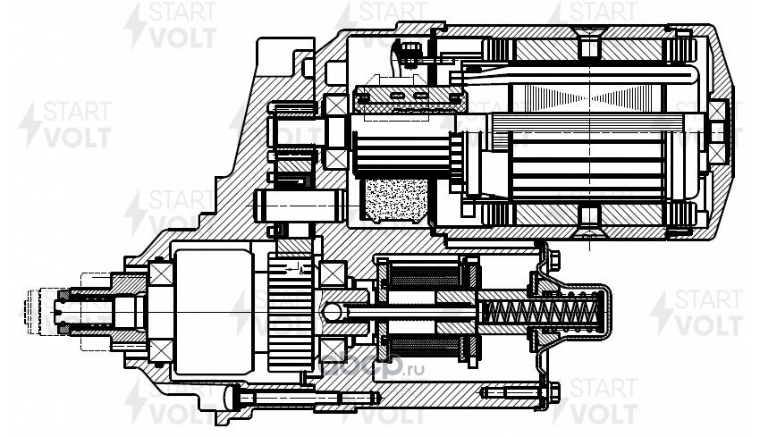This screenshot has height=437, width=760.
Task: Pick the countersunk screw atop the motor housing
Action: click(590, 43)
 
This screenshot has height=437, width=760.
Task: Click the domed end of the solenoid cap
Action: click(608, 312)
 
